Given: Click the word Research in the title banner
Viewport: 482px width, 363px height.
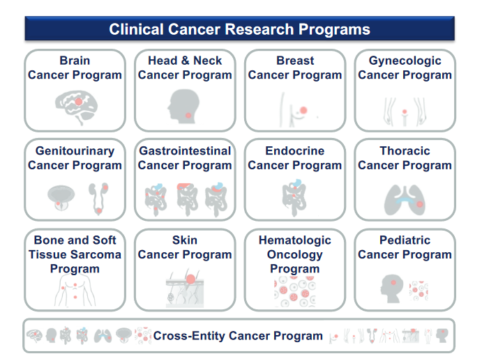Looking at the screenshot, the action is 259,29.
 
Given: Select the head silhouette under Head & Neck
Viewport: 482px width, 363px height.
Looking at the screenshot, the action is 183,106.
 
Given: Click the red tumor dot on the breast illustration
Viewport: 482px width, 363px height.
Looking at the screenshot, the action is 303,110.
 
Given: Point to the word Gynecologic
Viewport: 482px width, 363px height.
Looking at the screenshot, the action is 405,61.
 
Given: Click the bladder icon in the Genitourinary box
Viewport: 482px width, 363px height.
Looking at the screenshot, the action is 61,198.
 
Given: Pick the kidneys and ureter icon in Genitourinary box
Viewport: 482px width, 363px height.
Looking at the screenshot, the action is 98,199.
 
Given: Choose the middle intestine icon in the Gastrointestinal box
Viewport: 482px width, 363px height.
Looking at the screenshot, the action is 187,199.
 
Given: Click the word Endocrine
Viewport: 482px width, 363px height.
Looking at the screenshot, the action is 295,150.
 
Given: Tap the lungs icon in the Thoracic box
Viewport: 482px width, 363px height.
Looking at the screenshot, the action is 405,200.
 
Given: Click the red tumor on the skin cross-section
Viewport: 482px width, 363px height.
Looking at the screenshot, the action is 190,279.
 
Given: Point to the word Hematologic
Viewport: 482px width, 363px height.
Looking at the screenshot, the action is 295,240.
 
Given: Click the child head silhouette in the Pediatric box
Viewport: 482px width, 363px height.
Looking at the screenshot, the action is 392,288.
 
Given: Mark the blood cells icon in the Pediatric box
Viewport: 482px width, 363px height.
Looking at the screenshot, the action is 419,291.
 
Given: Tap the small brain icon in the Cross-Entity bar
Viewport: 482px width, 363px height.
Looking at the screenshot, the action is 34,335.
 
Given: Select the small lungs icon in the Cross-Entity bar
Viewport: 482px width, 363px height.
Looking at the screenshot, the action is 103,336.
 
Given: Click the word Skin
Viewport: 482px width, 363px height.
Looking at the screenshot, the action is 185,240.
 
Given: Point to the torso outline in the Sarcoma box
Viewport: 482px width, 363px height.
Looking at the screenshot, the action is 75,290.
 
